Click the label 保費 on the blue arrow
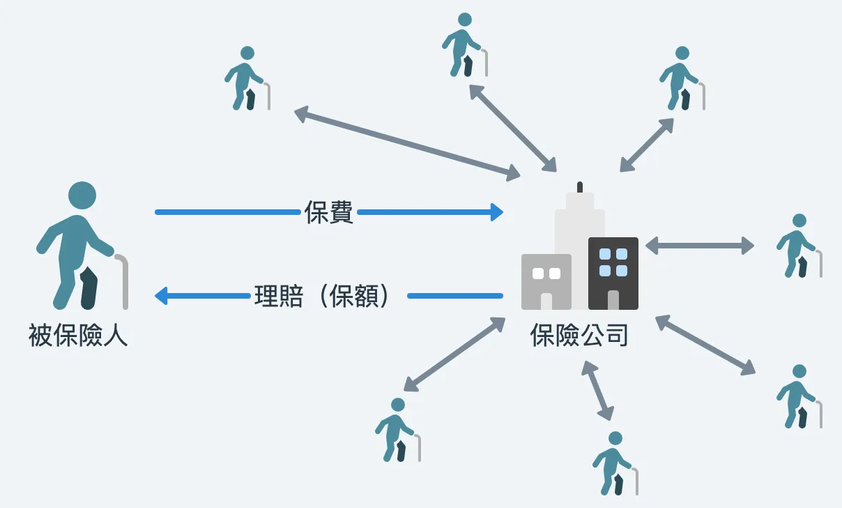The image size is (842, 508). coord(329,212)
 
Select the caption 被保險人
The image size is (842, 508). coord(78,336)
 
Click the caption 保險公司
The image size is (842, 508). coord(579,336)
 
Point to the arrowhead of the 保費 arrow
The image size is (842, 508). coord(496,212)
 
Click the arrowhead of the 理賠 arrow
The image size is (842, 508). coord(161,296)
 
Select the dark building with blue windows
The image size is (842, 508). coord(613,273)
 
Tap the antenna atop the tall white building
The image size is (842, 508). coord(579,188)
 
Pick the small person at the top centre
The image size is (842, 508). coord(462,45)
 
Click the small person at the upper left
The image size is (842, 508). coord(245,78)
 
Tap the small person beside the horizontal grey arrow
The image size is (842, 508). coord(798,246)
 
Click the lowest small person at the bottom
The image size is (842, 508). coord(613,463)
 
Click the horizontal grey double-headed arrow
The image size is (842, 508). coord(699,246)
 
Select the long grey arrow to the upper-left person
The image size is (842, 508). coord(407,142)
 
